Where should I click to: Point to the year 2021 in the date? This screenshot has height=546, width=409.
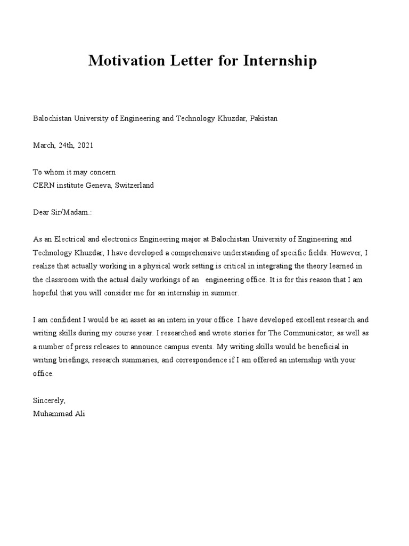click(85, 145)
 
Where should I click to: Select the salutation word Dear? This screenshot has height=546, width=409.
click(41, 212)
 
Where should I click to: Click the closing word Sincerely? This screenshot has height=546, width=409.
click(49, 400)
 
